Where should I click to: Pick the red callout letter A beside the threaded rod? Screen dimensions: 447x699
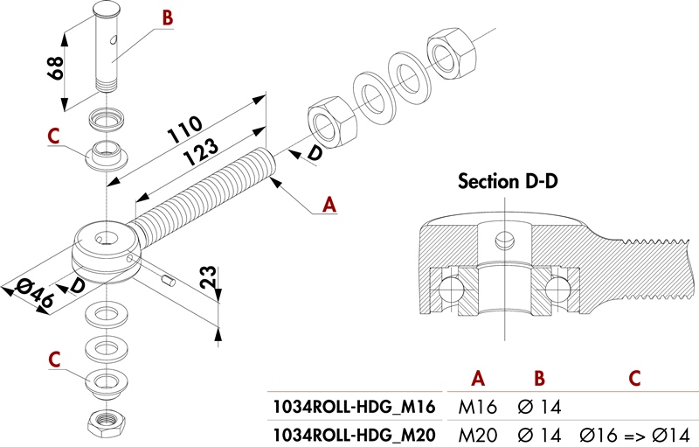pyautogui.click(x=329, y=205)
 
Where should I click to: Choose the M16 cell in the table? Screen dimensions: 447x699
pyautogui.click(x=477, y=406)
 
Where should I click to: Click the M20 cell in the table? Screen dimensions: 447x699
pyautogui.click(x=477, y=433)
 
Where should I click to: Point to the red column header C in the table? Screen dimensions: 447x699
pyautogui.click(x=634, y=378)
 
